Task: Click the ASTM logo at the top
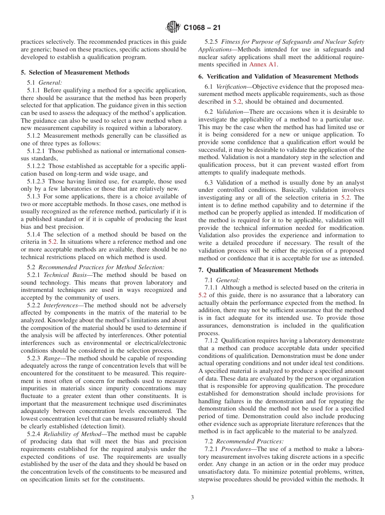pos(173,28)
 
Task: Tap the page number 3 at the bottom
pos(192,498)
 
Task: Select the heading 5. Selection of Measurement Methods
pos(75,72)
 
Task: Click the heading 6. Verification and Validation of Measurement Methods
pos(278,76)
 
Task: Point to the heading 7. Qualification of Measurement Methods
pos(258,270)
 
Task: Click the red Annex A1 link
pos(263,64)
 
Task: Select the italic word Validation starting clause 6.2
pos(229,111)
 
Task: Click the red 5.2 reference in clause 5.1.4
pos(53,242)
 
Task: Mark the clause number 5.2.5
pos(212,42)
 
